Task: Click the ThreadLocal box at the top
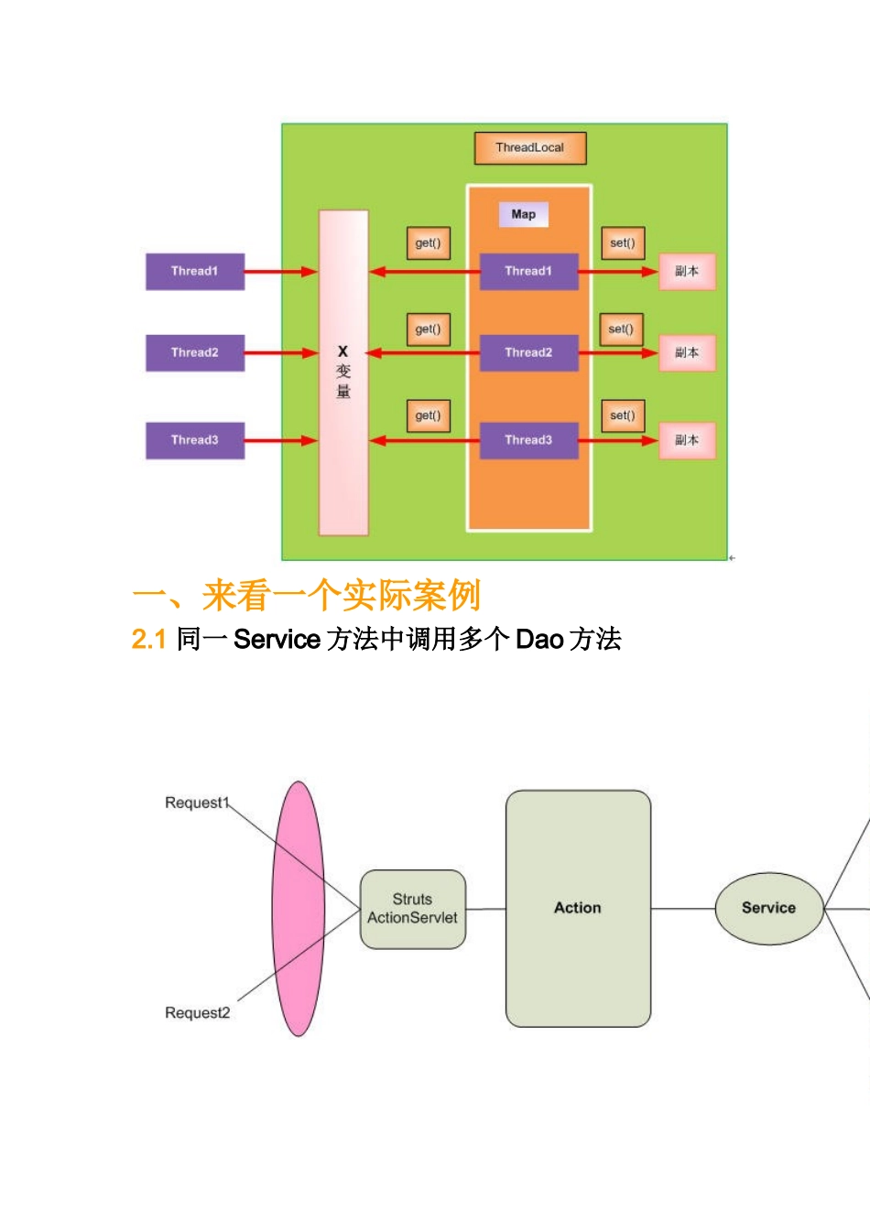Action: tap(529, 147)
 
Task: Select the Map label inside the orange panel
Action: tap(523, 214)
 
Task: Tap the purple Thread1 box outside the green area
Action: tap(195, 271)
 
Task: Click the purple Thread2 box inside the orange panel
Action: tap(528, 352)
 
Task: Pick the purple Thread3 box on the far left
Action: tap(195, 440)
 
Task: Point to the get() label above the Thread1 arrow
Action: tap(428, 243)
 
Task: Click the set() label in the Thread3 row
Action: tap(622, 415)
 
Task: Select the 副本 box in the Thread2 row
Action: tap(686, 352)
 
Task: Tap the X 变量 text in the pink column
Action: tap(343, 371)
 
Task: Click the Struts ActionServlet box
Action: tap(413, 909)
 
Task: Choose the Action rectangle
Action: tap(578, 908)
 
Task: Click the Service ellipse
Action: tap(768, 908)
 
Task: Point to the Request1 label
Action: tap(196, 803)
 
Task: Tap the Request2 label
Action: tap(197, 1013)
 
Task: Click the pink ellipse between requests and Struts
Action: tap(298, 908)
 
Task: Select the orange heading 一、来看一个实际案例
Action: tap(306, 596)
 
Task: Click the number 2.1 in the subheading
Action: tap(148, 639)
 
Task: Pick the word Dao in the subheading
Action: tap(539, 639)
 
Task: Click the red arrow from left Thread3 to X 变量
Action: tap(280, 440)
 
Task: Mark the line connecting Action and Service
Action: tap(682, 909)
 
